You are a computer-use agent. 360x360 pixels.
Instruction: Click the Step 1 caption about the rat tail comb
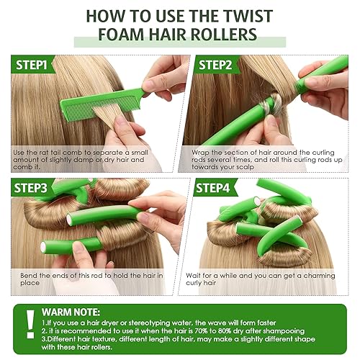90,160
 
